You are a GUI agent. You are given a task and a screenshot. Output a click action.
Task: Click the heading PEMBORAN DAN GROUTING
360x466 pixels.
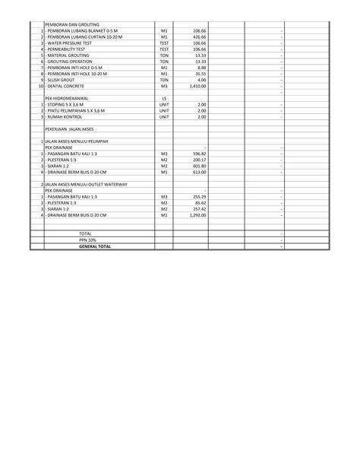(72, 24)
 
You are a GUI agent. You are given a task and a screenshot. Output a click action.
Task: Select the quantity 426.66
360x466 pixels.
(199, 36)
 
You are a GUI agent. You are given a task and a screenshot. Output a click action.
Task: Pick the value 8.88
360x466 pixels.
(201, 68)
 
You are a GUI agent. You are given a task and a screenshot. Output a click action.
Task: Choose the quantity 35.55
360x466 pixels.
(200, 74)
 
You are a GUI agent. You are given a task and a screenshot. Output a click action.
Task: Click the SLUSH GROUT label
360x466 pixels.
(65, 80)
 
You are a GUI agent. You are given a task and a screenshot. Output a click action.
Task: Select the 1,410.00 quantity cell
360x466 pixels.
(197, 86)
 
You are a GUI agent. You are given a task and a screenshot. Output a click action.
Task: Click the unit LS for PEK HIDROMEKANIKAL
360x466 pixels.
(164, 99)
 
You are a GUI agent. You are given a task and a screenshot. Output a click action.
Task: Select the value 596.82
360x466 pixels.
(199, 154)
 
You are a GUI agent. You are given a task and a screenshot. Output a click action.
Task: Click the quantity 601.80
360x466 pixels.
(199, 166)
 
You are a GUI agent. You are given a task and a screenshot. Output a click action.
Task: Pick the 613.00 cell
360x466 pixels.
(199, 173)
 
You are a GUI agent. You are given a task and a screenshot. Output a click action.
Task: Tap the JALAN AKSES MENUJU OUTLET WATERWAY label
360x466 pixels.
(86, 185)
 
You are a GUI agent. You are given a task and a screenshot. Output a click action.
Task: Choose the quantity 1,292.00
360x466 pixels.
(197, 216)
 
